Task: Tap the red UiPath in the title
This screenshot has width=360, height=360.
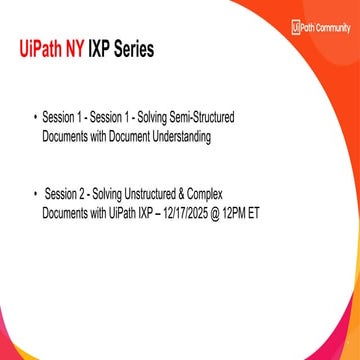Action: [40, 48]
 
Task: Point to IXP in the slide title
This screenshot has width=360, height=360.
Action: [102, 48]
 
